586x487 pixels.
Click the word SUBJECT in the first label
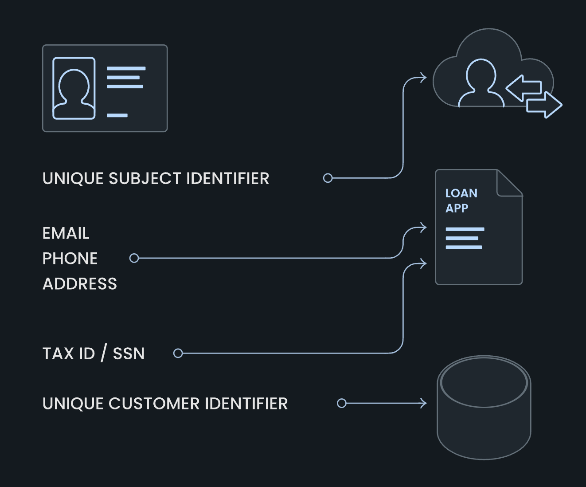pos(145,179)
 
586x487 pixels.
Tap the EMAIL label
pos(66,233)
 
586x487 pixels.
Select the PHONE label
pos(70,259)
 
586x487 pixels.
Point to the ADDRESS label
pos(80,284)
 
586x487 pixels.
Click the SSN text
pos(129,354)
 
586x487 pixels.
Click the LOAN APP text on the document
pos(461,200)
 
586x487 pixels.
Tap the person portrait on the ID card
pos(74,88)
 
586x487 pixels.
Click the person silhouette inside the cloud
pos(481,83)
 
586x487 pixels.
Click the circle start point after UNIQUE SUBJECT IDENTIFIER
pos(328,178)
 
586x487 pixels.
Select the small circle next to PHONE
pos(134,258)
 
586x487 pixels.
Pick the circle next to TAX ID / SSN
pos(178,353)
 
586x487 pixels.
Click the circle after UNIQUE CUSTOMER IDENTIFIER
pos(341,403)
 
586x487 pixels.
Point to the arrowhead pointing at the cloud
pos(423,78)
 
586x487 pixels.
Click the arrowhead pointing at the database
pos(423,403)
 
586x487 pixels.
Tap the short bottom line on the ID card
pos(117,115)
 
